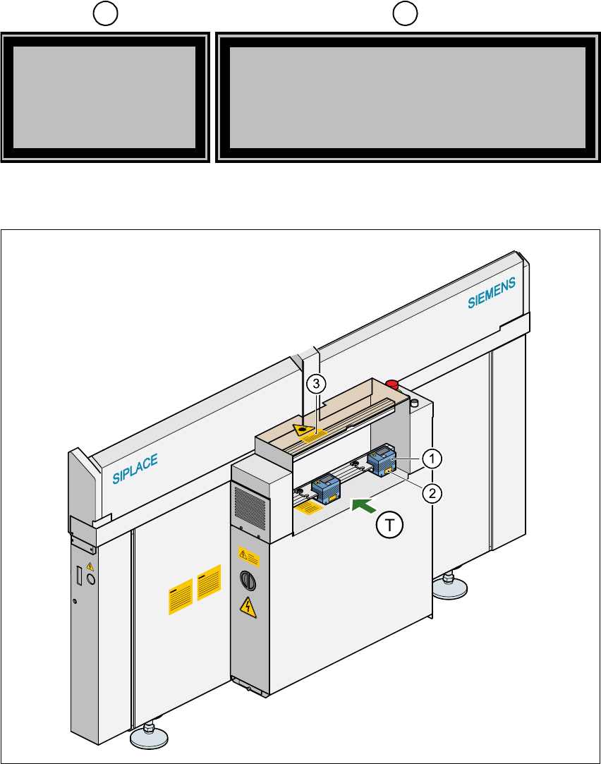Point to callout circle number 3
click(x=317, y=384)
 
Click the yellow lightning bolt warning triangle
click(x=247, y=605)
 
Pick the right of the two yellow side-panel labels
click(x=210, y=583)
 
